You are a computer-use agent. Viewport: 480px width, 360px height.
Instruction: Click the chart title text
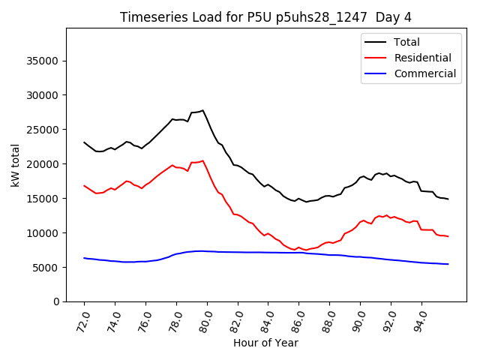pos(265,17)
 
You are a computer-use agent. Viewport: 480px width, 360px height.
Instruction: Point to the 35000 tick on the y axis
pos(44,61)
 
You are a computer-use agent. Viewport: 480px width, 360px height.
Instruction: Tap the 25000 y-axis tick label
pos(44,130)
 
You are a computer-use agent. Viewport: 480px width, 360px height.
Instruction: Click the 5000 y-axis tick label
pos(47,268)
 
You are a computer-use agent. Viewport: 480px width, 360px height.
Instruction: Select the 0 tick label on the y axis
pos(57,301)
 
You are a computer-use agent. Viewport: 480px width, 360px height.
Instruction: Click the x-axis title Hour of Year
pos(265,343)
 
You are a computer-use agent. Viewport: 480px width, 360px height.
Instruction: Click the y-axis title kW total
pos(15,164)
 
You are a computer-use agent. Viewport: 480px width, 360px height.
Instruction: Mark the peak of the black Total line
pos(202,110)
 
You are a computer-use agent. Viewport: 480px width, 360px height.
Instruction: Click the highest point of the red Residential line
pos(202,160)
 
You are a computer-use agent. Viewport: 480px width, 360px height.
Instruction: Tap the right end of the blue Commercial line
pos(448,264)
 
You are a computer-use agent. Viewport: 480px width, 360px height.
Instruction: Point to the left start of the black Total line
pos(84,142)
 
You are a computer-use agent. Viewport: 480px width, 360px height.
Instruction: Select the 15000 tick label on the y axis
pos(44,199)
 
